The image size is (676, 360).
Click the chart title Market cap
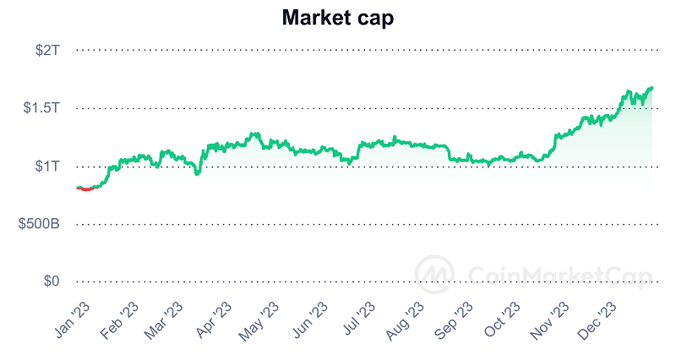tap(337, 17)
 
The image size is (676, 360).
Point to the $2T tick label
tap(47, 51)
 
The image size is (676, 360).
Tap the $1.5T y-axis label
tap(41, 108)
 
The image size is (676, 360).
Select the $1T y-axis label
tap(47, 166)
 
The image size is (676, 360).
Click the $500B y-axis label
tap(39, 224)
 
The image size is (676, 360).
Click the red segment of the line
tap(85, 189)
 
